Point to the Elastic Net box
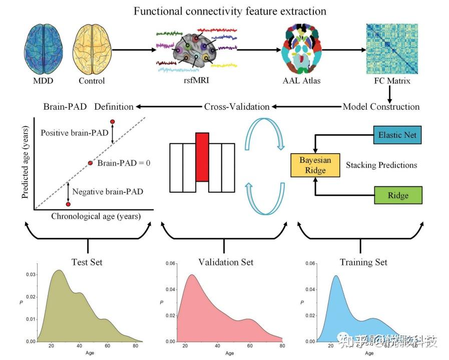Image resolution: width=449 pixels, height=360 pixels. coord(397,135)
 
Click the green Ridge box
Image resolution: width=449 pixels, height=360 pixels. coord(398,195)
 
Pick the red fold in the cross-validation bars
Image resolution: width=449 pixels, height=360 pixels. coord(202,157)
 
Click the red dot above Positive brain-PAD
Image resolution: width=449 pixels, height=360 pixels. coord(112,122)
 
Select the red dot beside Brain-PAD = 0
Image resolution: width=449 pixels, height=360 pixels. coord(91,163)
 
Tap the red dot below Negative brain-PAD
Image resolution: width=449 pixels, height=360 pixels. coord(68,204)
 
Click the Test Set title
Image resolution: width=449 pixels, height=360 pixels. coord(88,262)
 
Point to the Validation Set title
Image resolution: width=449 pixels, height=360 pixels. coord(226,262)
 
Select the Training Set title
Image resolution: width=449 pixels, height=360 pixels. coord(363,262)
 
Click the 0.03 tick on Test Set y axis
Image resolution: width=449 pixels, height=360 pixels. coord(31,274)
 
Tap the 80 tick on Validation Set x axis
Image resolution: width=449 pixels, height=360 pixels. coord(282,346)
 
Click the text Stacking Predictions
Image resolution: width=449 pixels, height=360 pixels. coord(381,165)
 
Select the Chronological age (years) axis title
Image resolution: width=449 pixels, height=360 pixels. coord(96,216)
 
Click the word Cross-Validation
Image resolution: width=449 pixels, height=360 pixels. coord(237,106)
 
